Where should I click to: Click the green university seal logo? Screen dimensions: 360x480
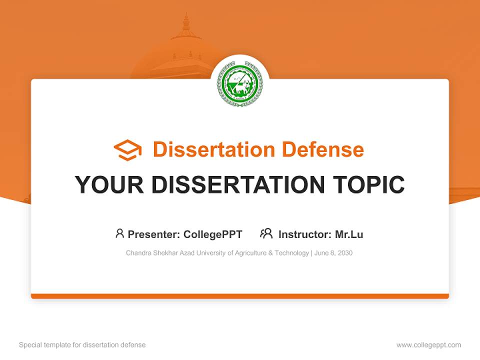pyautogui.click(x=240, y=83)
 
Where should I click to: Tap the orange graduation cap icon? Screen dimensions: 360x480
pyautogui.click(x=127, y=150)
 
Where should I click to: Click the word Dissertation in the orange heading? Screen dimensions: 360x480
pyautogui.click(x=213, y=149)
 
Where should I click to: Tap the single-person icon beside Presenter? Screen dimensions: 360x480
pyautogui.click(x=119, y=233)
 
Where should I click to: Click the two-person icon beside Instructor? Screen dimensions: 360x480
pyautogui.click(x=266, y=233)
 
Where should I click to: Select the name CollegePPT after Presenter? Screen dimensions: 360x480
pyautogui.click(x=212, y=234)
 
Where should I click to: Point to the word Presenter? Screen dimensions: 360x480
pyautogui.click(x=154, y=234)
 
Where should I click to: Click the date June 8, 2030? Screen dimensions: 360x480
pyautogui.click(x=333, y=253)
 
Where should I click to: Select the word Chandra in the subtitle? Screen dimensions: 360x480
pyautogui.click(x=137, y=253)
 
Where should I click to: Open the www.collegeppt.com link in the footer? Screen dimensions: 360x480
pyautogui.click(x=428, y=345)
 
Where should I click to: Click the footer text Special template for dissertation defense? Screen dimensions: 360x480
pyautogui.click(x=82, y=345)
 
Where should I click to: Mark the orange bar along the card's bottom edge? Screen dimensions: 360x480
pyautogui.click(x=240, y=296)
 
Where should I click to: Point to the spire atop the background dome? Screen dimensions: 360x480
pyautogui.click(x=186, y=22)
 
